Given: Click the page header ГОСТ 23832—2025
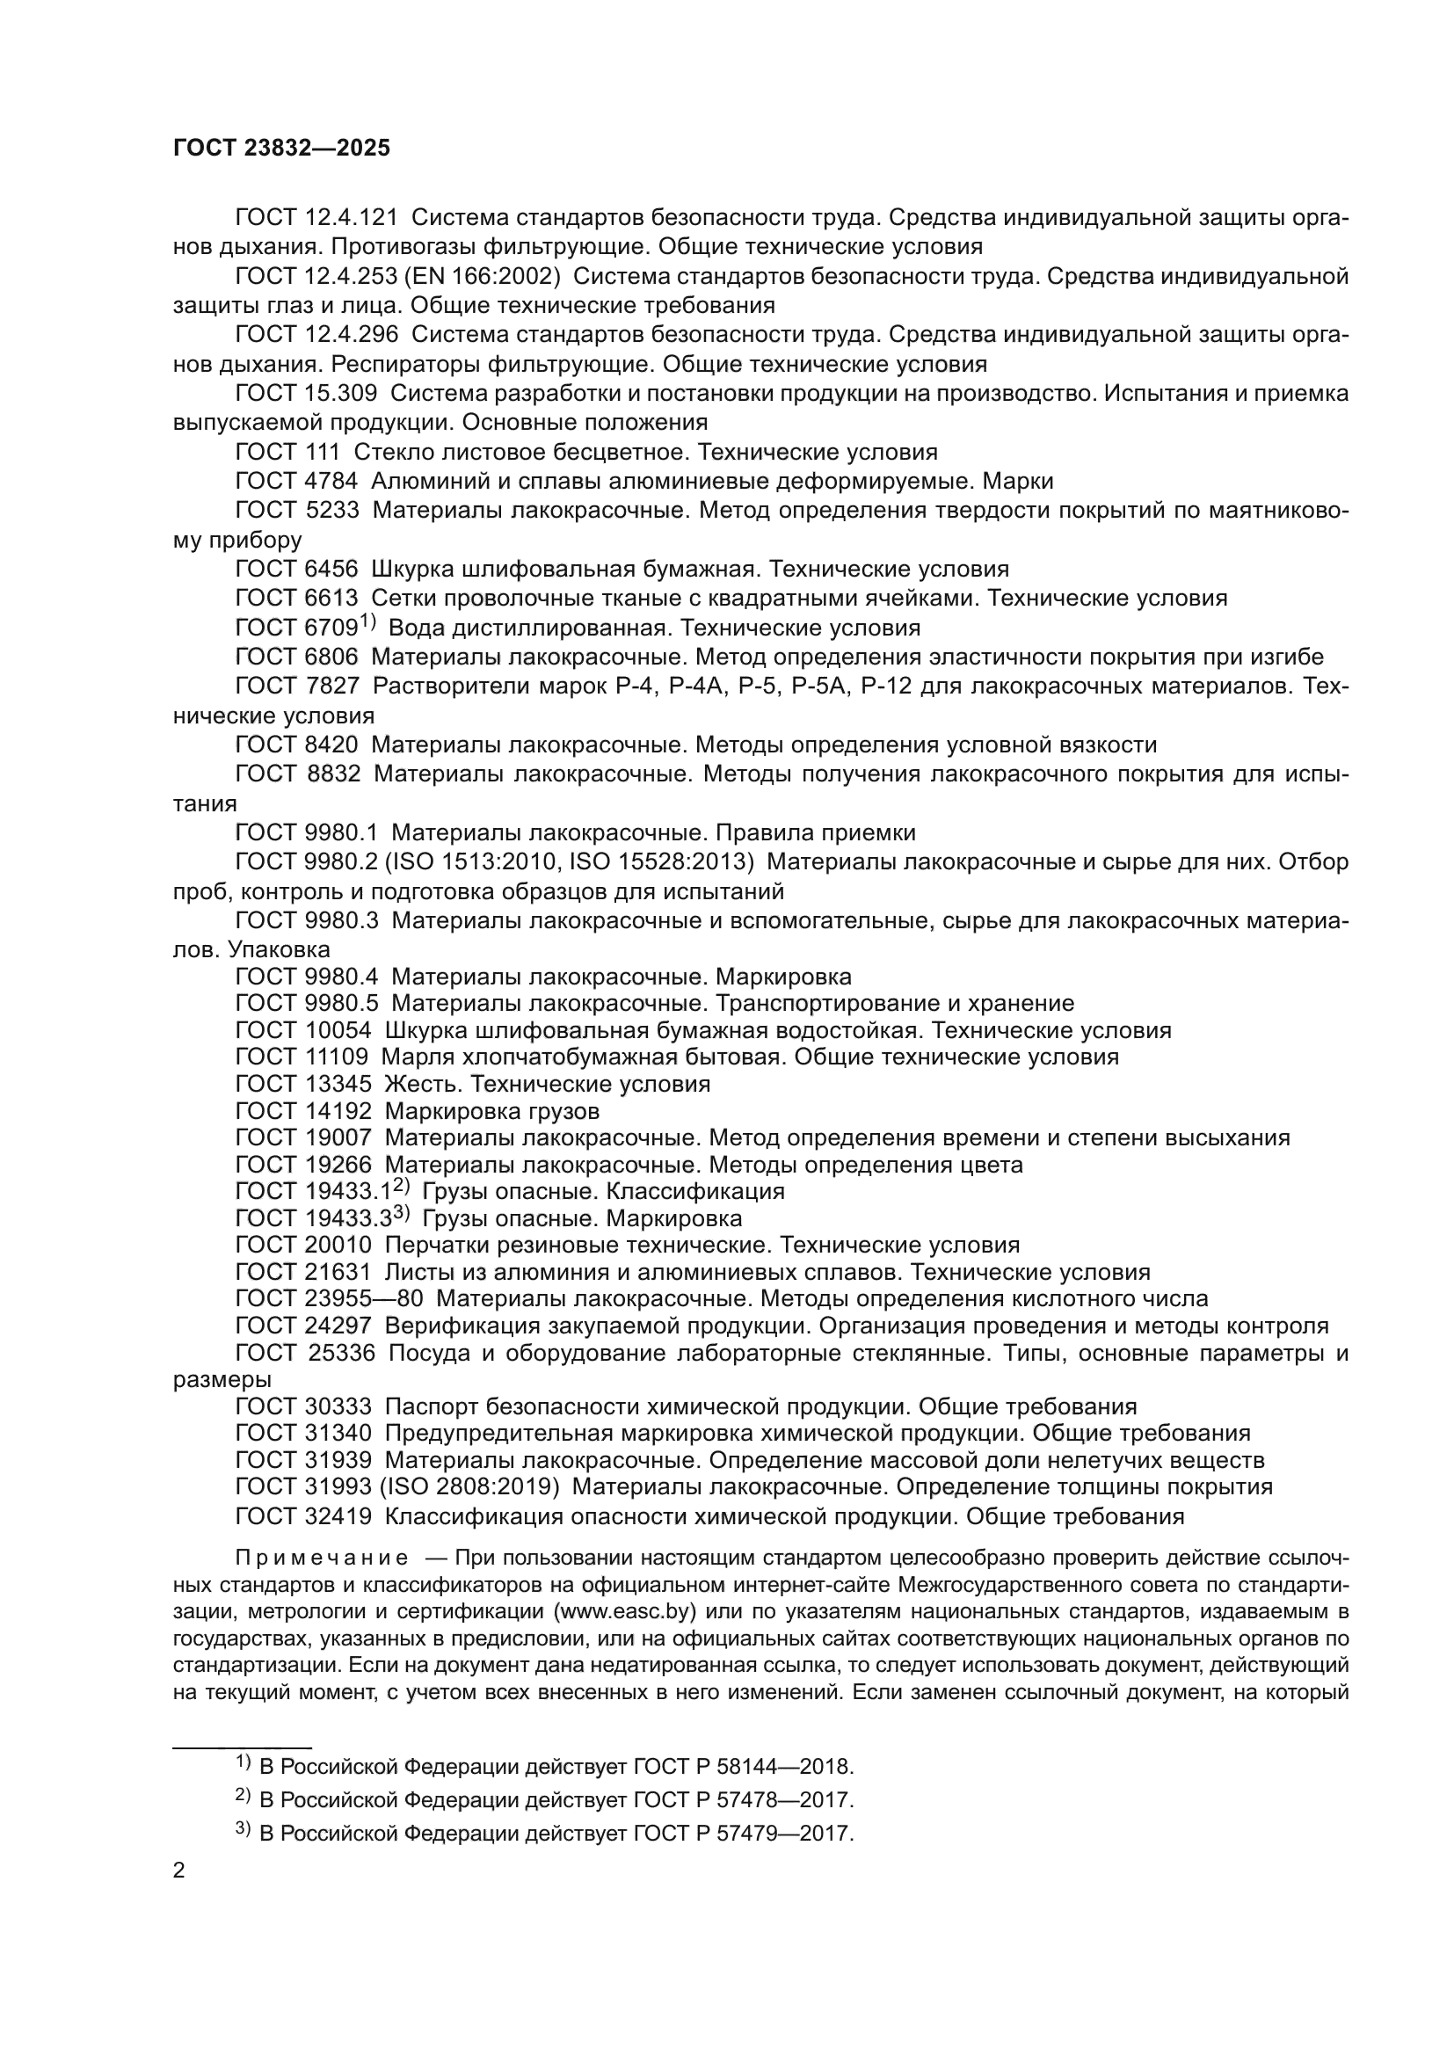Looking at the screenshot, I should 281,148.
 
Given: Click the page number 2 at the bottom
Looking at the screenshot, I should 179,1871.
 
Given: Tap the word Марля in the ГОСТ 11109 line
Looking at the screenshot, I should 414,1057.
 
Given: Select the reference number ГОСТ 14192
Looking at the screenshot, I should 302,1111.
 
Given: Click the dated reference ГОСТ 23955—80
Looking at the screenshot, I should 329,1299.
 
